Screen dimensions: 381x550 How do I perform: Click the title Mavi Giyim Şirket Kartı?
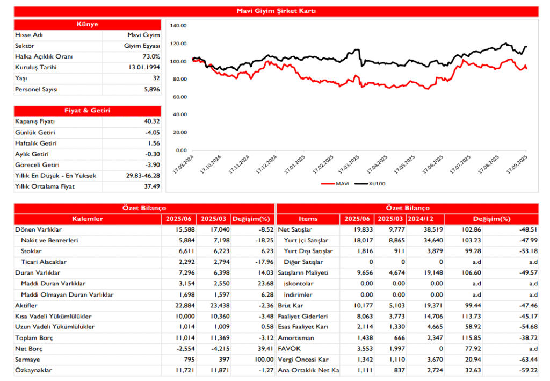tap(276, 11)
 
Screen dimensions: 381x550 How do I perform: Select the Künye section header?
tap(87, 25)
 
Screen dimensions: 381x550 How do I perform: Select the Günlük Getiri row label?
tap(35, 132)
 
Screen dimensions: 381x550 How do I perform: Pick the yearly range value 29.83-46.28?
tap(141, 176)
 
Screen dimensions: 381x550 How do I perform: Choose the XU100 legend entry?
tap(377, 184)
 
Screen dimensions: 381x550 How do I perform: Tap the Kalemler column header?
tap(87, 219)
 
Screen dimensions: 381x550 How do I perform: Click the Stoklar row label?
tap(31, 251)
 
